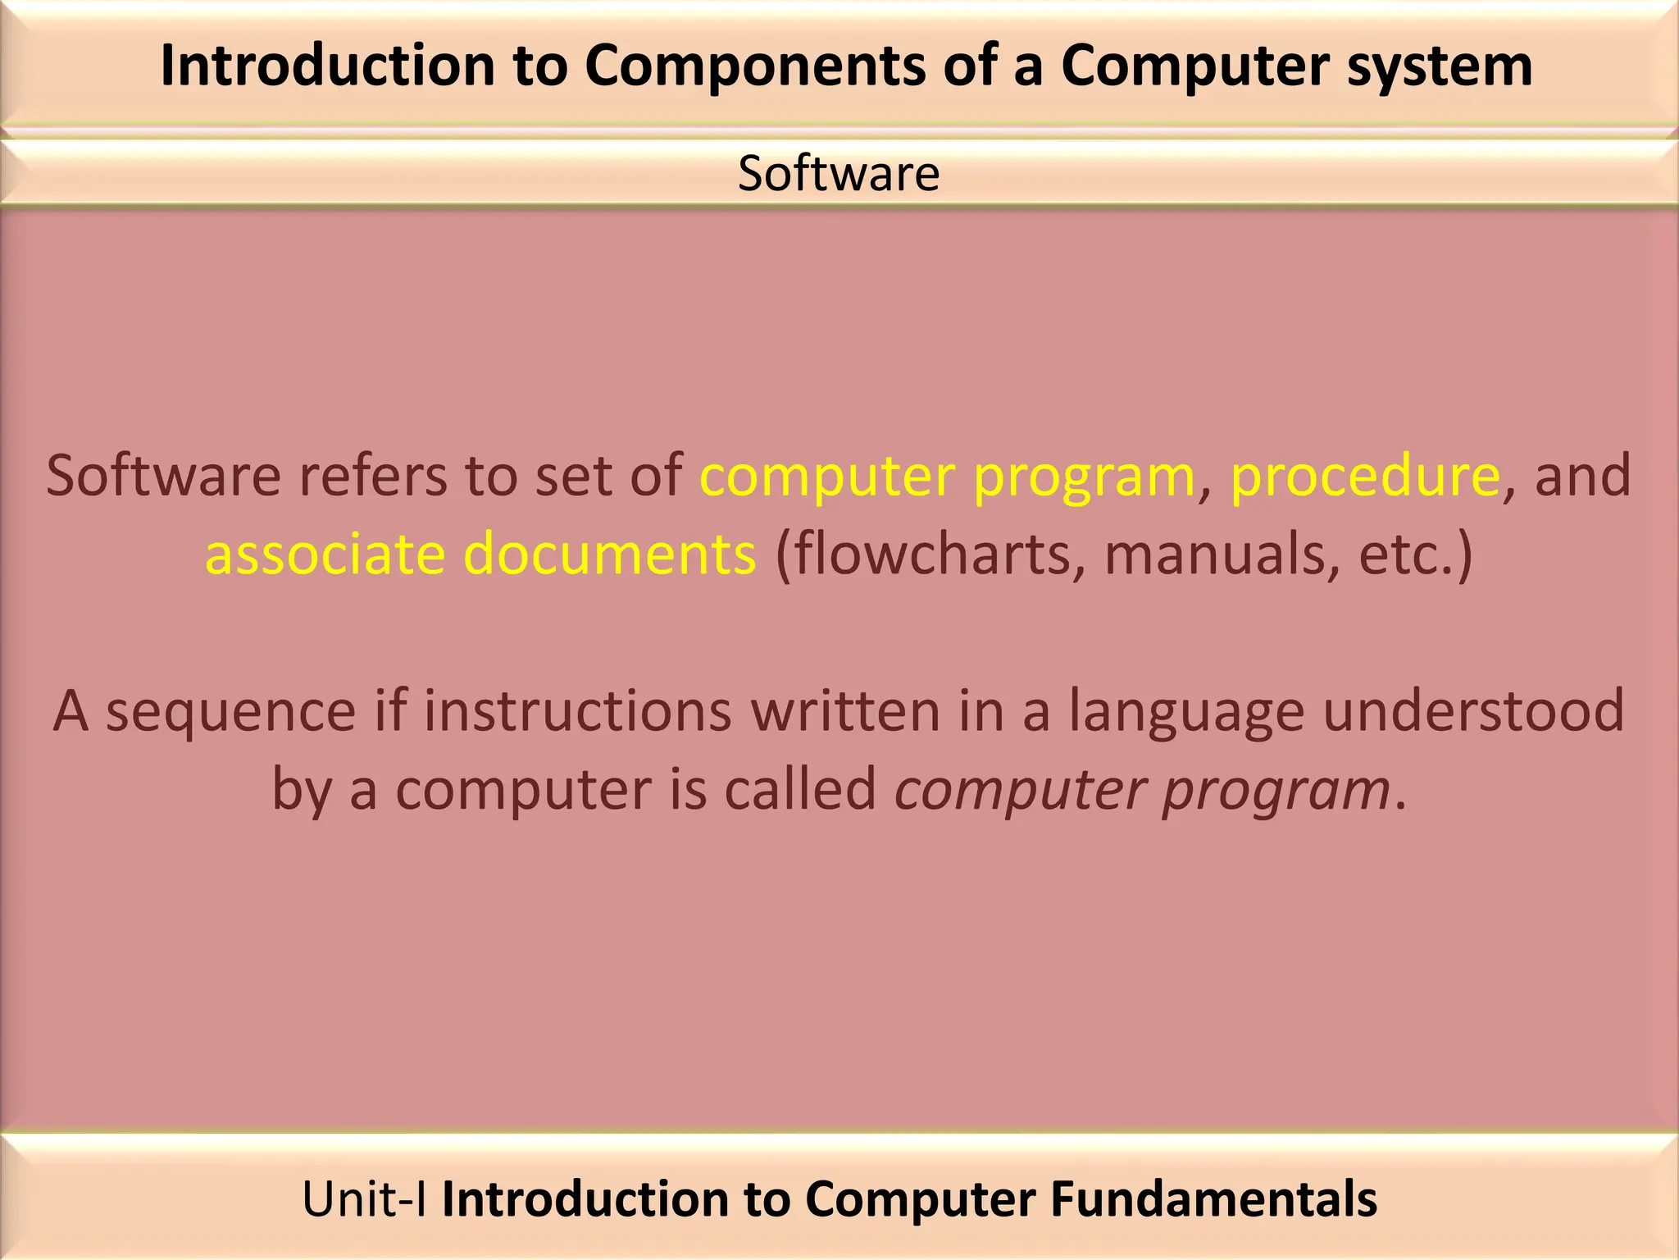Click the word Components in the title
point(754,66)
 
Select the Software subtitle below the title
point(838,173)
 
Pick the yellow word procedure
point(1365,476)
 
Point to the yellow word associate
point(325,554)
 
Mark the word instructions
point(577,710)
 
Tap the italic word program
point(1276,789)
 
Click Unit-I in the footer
point(364,1198)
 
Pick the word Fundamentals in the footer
point(1213,1198)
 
